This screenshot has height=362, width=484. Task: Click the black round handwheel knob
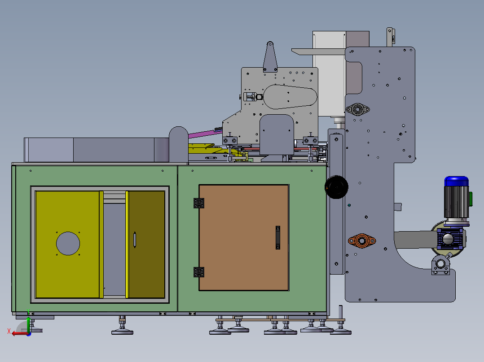[336, 187]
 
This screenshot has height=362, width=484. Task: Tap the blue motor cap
[456, 181]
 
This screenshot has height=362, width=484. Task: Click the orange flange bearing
[362, 240]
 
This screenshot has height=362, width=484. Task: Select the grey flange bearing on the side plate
[357, 109]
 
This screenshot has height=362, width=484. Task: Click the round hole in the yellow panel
[68, 243]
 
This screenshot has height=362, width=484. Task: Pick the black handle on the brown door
[278, 237]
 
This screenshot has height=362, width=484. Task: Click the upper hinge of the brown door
[199, 203]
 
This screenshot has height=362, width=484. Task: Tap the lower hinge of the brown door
[199, 272]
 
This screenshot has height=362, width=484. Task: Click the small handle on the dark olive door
[135, 240]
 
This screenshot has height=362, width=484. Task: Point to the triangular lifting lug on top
[270, 57]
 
